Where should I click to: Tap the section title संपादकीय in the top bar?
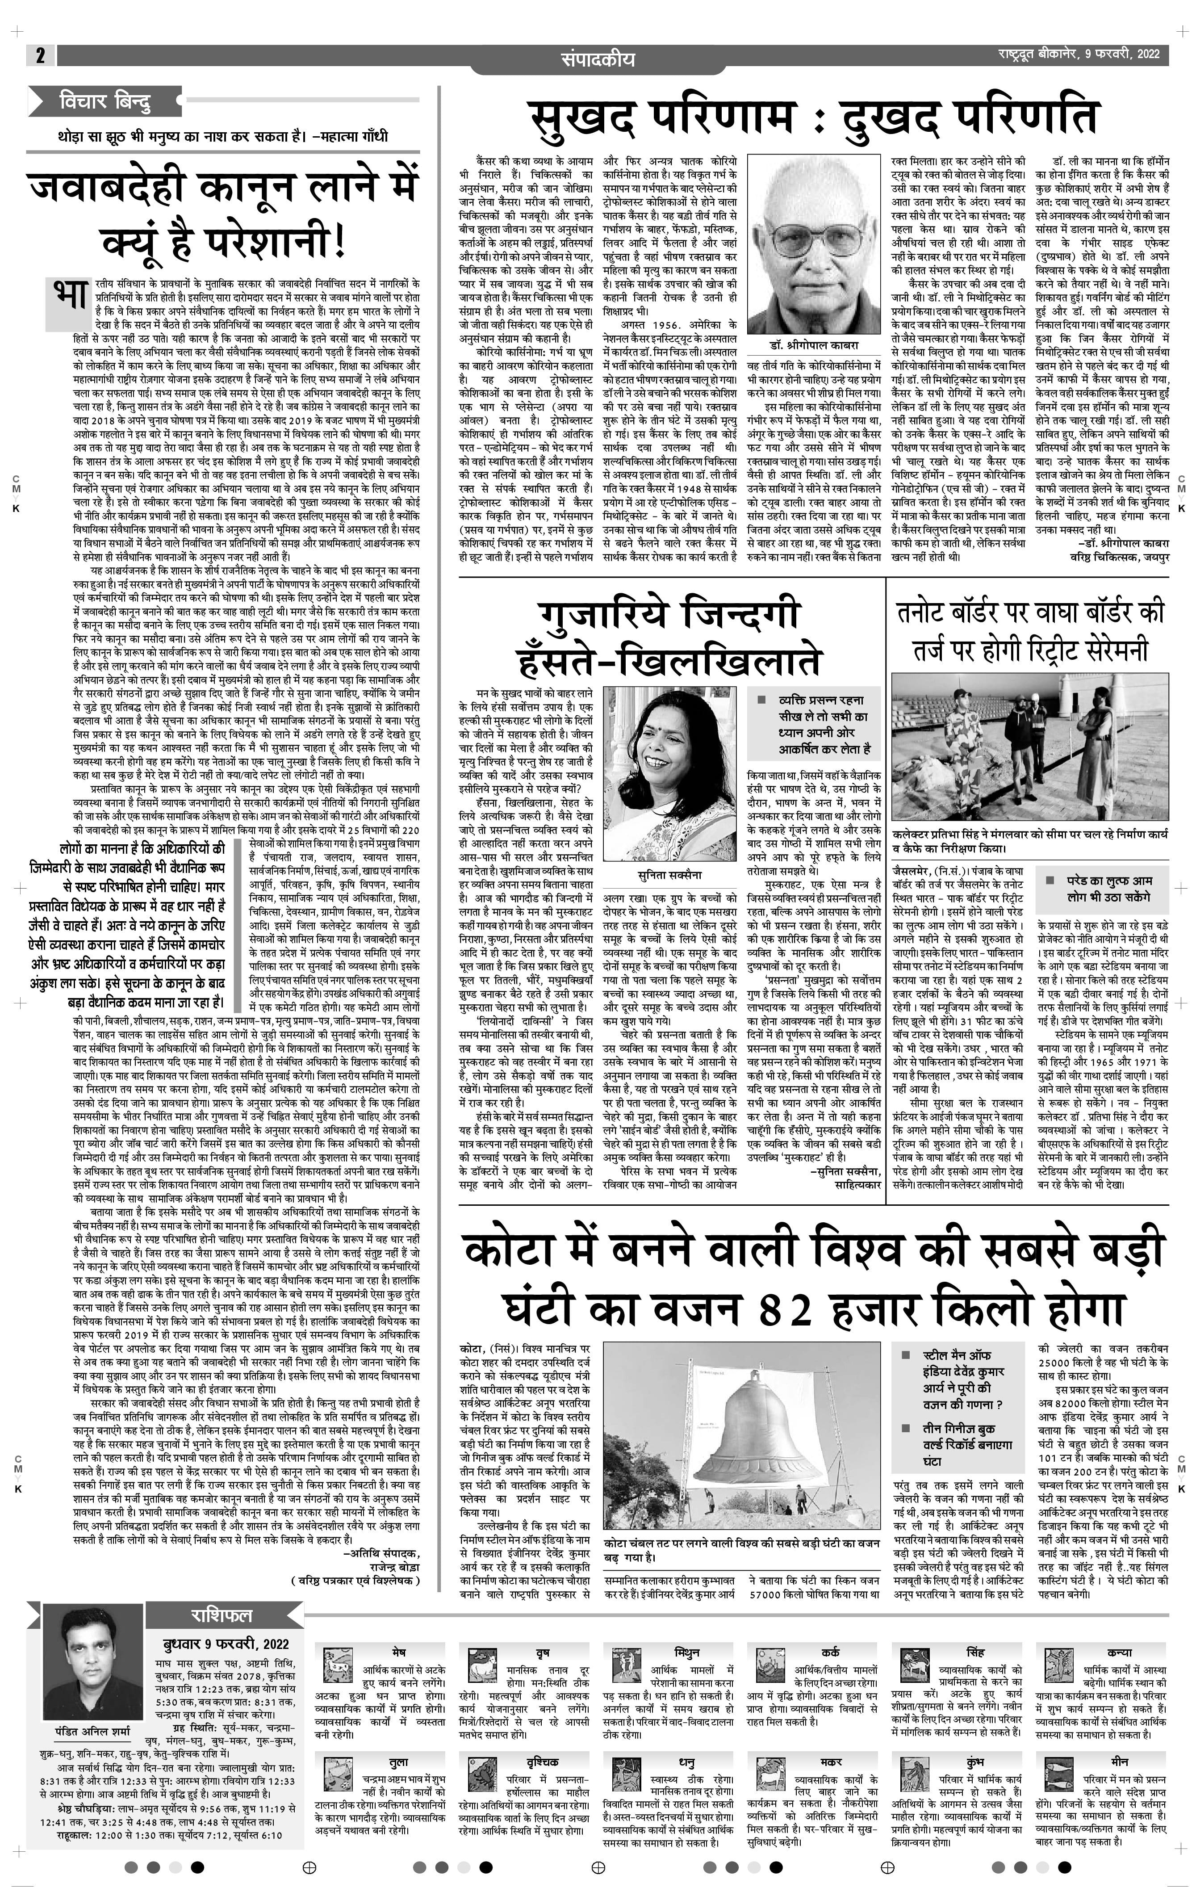[597, 59]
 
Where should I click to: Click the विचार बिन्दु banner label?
[105, 102]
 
